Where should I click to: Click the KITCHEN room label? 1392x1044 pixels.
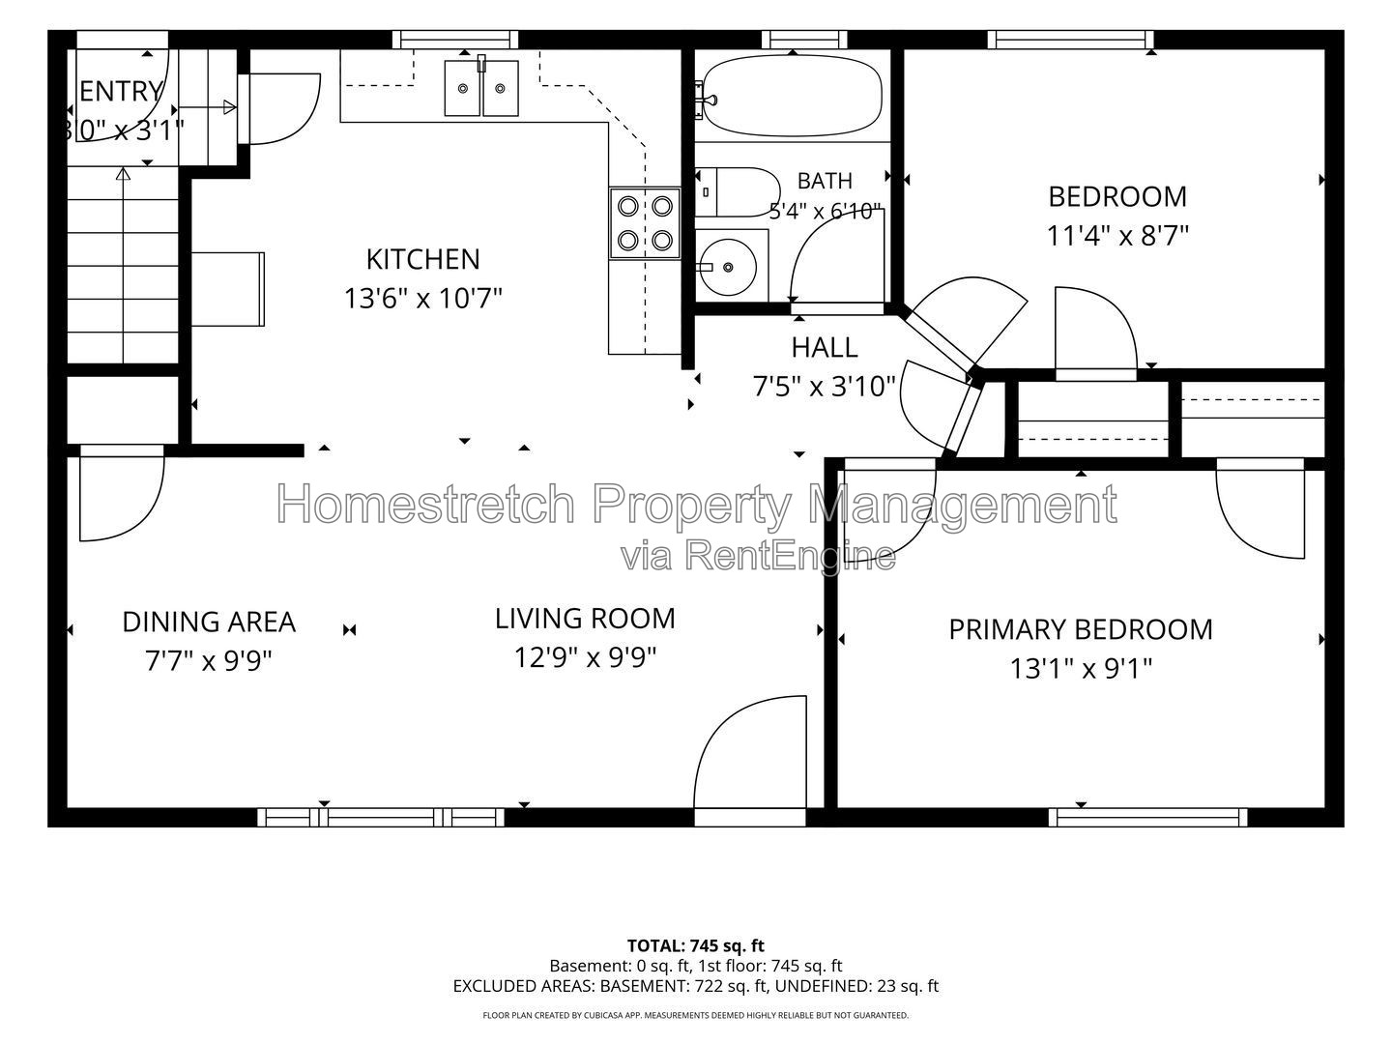pos(423,259)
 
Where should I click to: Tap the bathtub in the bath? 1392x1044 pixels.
pos(792,96)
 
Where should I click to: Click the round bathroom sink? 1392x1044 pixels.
pos(728,267)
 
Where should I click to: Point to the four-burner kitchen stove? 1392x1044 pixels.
pos(645,223)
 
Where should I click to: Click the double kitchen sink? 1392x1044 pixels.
pos(481,88)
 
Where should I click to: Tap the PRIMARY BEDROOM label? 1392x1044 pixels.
pos(1081,629)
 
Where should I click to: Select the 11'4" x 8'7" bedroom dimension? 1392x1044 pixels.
pos(1116,236)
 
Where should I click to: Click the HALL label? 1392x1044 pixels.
pos(825,347)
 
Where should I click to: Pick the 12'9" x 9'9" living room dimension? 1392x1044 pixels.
pos(585,657)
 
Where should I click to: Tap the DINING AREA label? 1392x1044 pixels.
pos(209,622)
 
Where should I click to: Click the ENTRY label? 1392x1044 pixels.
pos(121,91)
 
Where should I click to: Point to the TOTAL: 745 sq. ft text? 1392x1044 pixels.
pos(696,945)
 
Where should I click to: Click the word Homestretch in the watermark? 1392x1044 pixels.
pos(426,504)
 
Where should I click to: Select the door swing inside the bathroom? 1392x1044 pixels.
pos(836,256)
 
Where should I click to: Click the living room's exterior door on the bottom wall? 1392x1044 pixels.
pos(750,761)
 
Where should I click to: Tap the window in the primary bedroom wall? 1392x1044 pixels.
pos(1147,817)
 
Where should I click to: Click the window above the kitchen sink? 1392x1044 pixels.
pos(455,40)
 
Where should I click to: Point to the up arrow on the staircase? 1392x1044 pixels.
pos(123,265)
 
